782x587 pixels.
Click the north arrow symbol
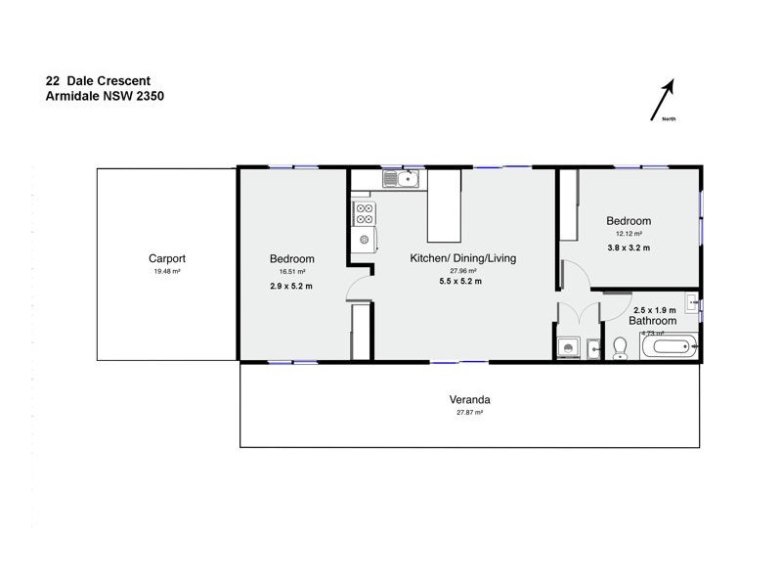[x=664, y=100]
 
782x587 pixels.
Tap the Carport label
[x=167, y=258]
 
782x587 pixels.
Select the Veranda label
[x=469, y=400]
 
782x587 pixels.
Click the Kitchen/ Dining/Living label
[x=462, y=258]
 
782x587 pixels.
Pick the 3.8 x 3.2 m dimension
[x=629, y=248]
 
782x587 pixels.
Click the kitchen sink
[x=402, y=179]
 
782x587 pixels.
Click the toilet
[x=619, y=348]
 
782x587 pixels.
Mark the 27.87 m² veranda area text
[x=469, y=413]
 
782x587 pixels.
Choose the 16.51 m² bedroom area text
[x=292, y=271]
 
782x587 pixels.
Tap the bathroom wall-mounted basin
[x=692, y=302]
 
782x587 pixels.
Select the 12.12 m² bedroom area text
[x=629, y=234]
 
